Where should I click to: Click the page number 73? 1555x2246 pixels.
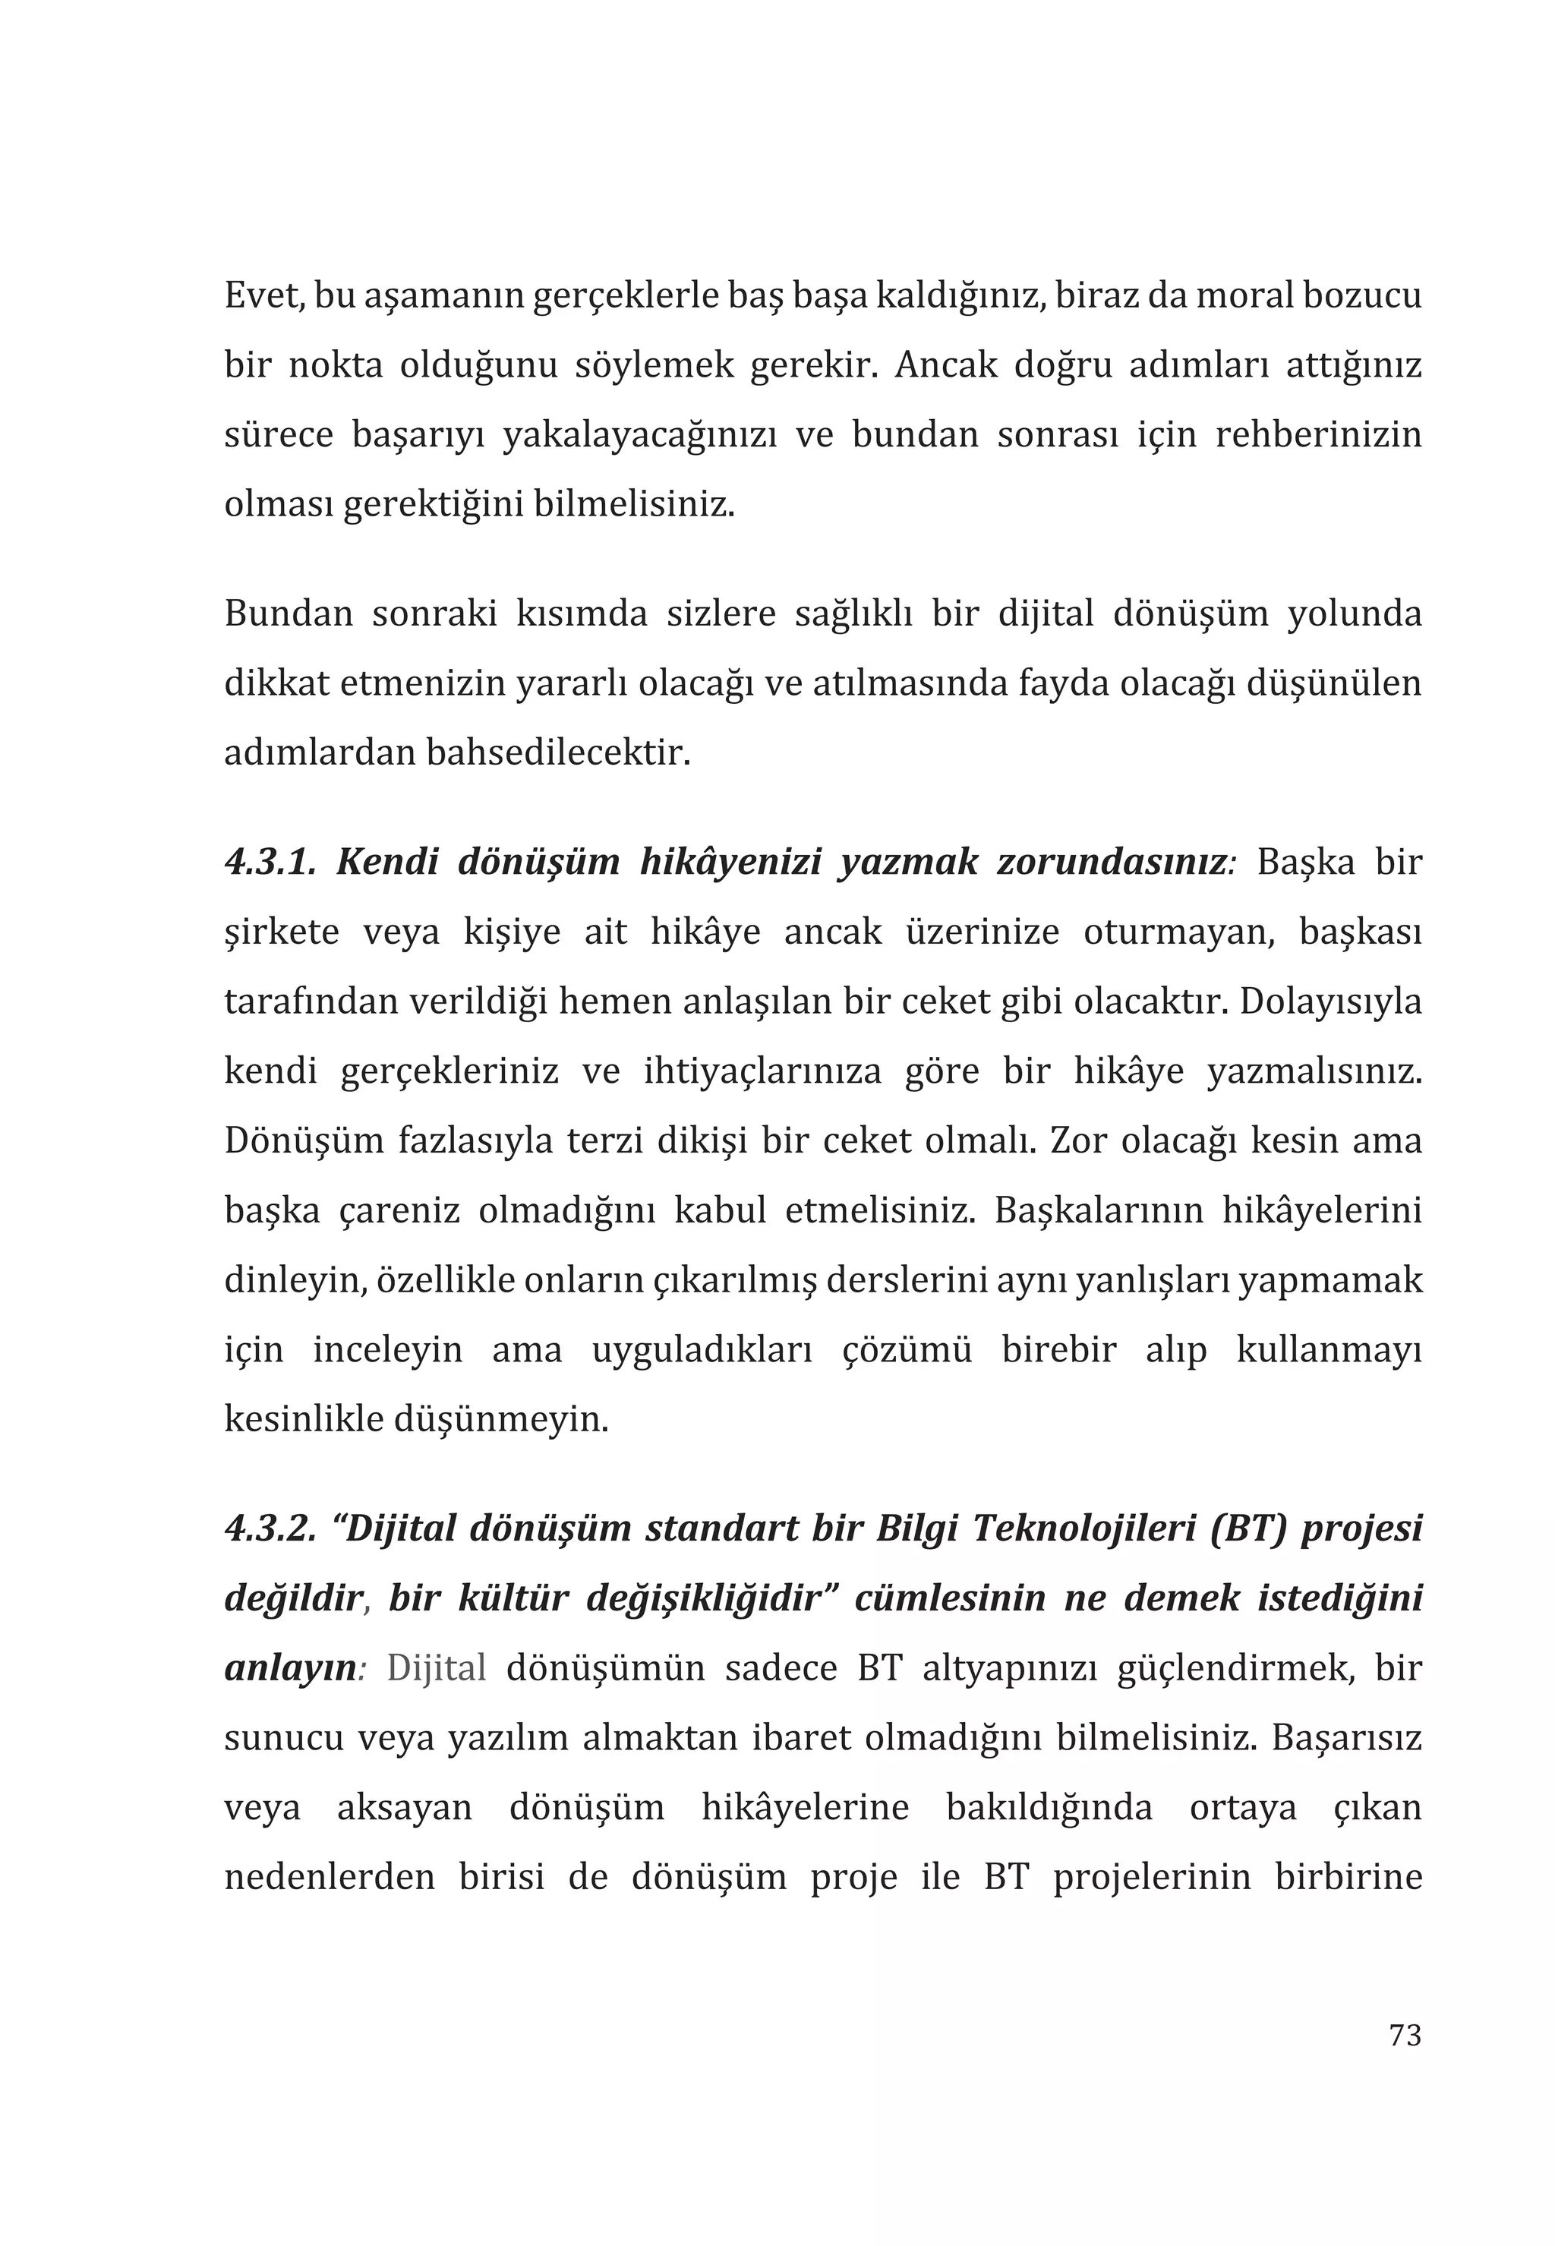[x=1404, y=2035]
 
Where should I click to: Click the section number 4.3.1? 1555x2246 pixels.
[x=270, y=863]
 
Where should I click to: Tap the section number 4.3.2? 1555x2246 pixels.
[x=270, y=1528]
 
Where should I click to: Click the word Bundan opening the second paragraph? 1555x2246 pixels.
[x=289, y=614]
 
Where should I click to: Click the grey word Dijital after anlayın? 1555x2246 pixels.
[x=437, y=1668]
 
